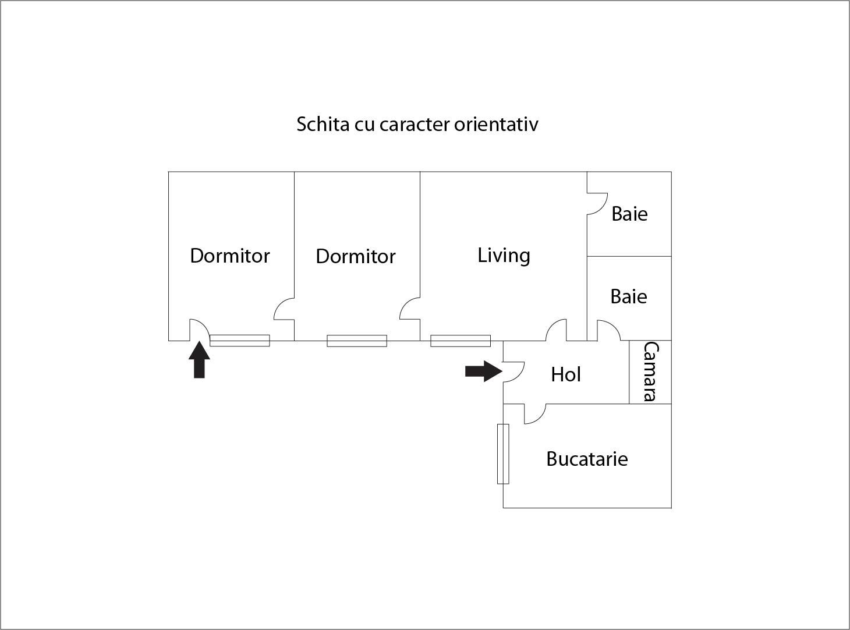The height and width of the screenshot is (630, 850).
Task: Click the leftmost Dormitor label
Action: pos(230,256)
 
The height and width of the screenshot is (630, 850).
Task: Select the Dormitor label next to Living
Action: pos(355,256)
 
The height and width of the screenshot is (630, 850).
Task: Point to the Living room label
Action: pos(504,256)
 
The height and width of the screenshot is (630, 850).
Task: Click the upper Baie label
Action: pos(629,214)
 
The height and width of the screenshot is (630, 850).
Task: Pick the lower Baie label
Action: pos(628,296)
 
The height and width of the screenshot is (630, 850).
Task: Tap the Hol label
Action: pos(566,374)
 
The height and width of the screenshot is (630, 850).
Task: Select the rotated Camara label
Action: pos(650,371)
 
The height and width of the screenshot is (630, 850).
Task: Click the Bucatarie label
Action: pos(587,459)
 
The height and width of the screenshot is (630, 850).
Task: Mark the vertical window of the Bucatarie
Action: pos(503,454)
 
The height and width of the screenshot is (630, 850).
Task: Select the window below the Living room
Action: pos(460,341)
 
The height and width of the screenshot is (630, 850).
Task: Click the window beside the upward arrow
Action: pos(239,341)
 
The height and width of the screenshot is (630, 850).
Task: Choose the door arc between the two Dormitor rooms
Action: pos(285,309)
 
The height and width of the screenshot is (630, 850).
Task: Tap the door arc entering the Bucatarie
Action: pos(535,414)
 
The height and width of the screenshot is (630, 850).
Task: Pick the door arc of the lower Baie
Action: pos(608,330)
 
